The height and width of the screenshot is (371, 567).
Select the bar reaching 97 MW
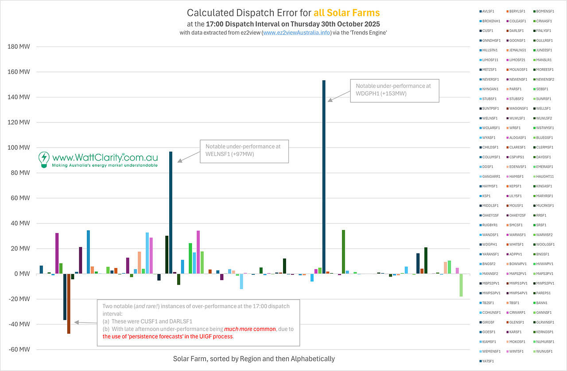(171, 213)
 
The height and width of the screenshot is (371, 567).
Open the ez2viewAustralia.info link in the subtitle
(297, 33)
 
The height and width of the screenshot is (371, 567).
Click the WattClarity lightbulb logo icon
(44, 159)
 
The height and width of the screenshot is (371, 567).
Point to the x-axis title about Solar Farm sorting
(254, 359)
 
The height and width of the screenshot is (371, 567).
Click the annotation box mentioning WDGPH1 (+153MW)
(394, 90)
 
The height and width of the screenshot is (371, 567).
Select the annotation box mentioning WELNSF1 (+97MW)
(244, 151)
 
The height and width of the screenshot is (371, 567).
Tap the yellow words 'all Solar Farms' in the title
(351, 13)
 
